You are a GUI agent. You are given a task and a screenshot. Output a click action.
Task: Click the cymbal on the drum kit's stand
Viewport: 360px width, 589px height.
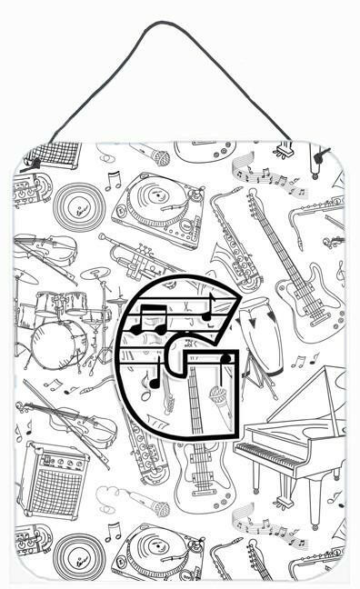[95, 273]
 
